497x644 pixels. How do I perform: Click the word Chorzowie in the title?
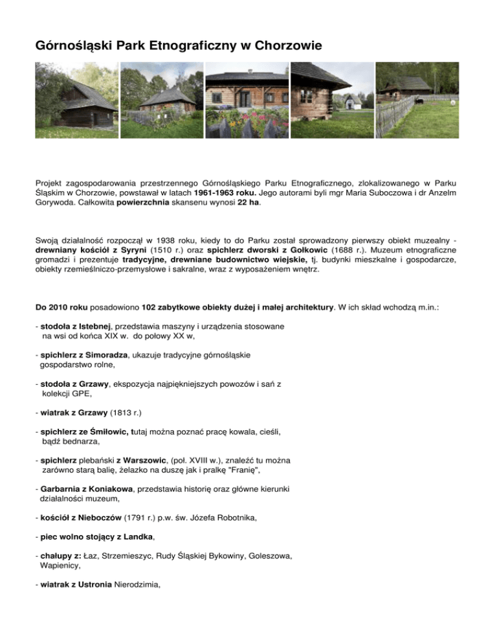(x=285, y=46)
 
